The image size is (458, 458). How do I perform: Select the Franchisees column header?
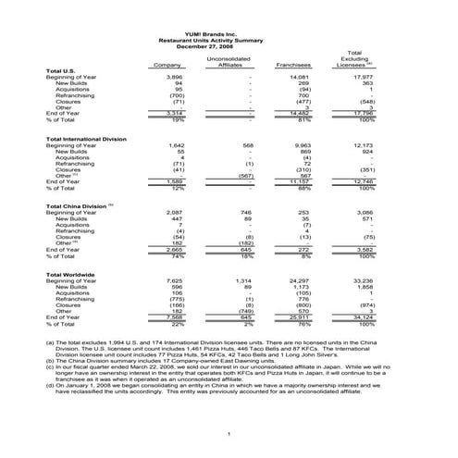(x=291, y=65)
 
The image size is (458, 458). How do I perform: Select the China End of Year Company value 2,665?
(x=173, y=248)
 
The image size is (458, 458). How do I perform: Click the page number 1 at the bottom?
(x=229, y=434)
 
